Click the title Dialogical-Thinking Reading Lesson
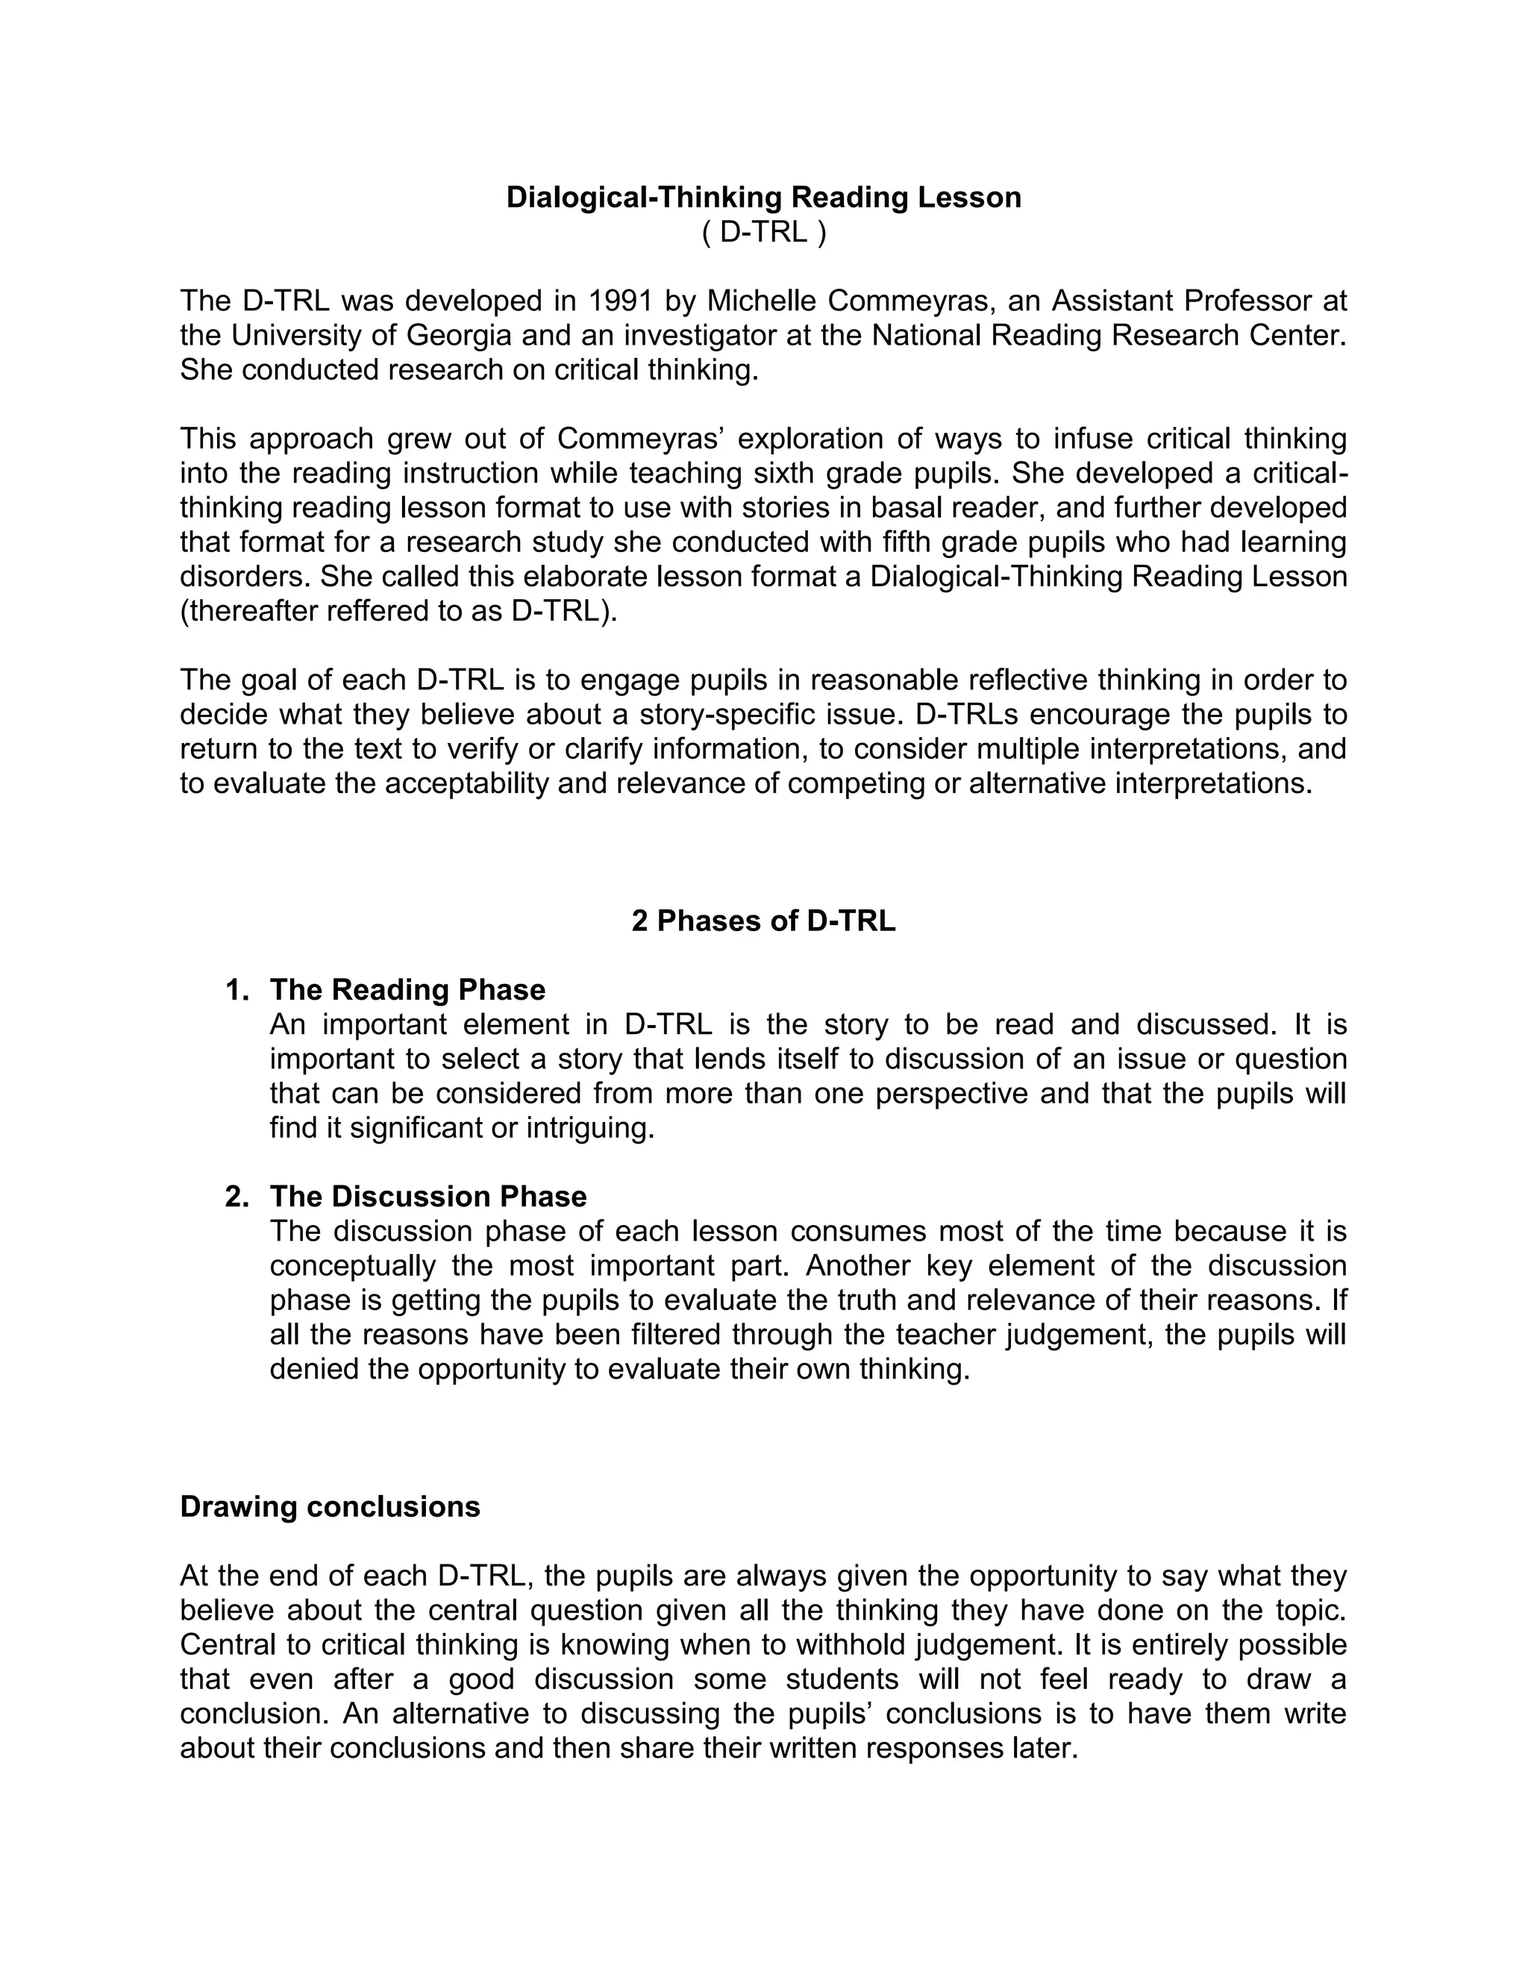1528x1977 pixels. (x=763, y=198)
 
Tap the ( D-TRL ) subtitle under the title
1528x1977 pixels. (x=763, y=233)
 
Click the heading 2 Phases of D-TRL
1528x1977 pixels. (x=763, y=921)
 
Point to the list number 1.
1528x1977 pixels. (x=237, y=989)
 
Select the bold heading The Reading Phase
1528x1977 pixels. (x=407, y=989)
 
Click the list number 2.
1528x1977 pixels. (x=237, y=1197)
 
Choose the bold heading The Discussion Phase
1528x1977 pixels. (x=428, y=1197)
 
